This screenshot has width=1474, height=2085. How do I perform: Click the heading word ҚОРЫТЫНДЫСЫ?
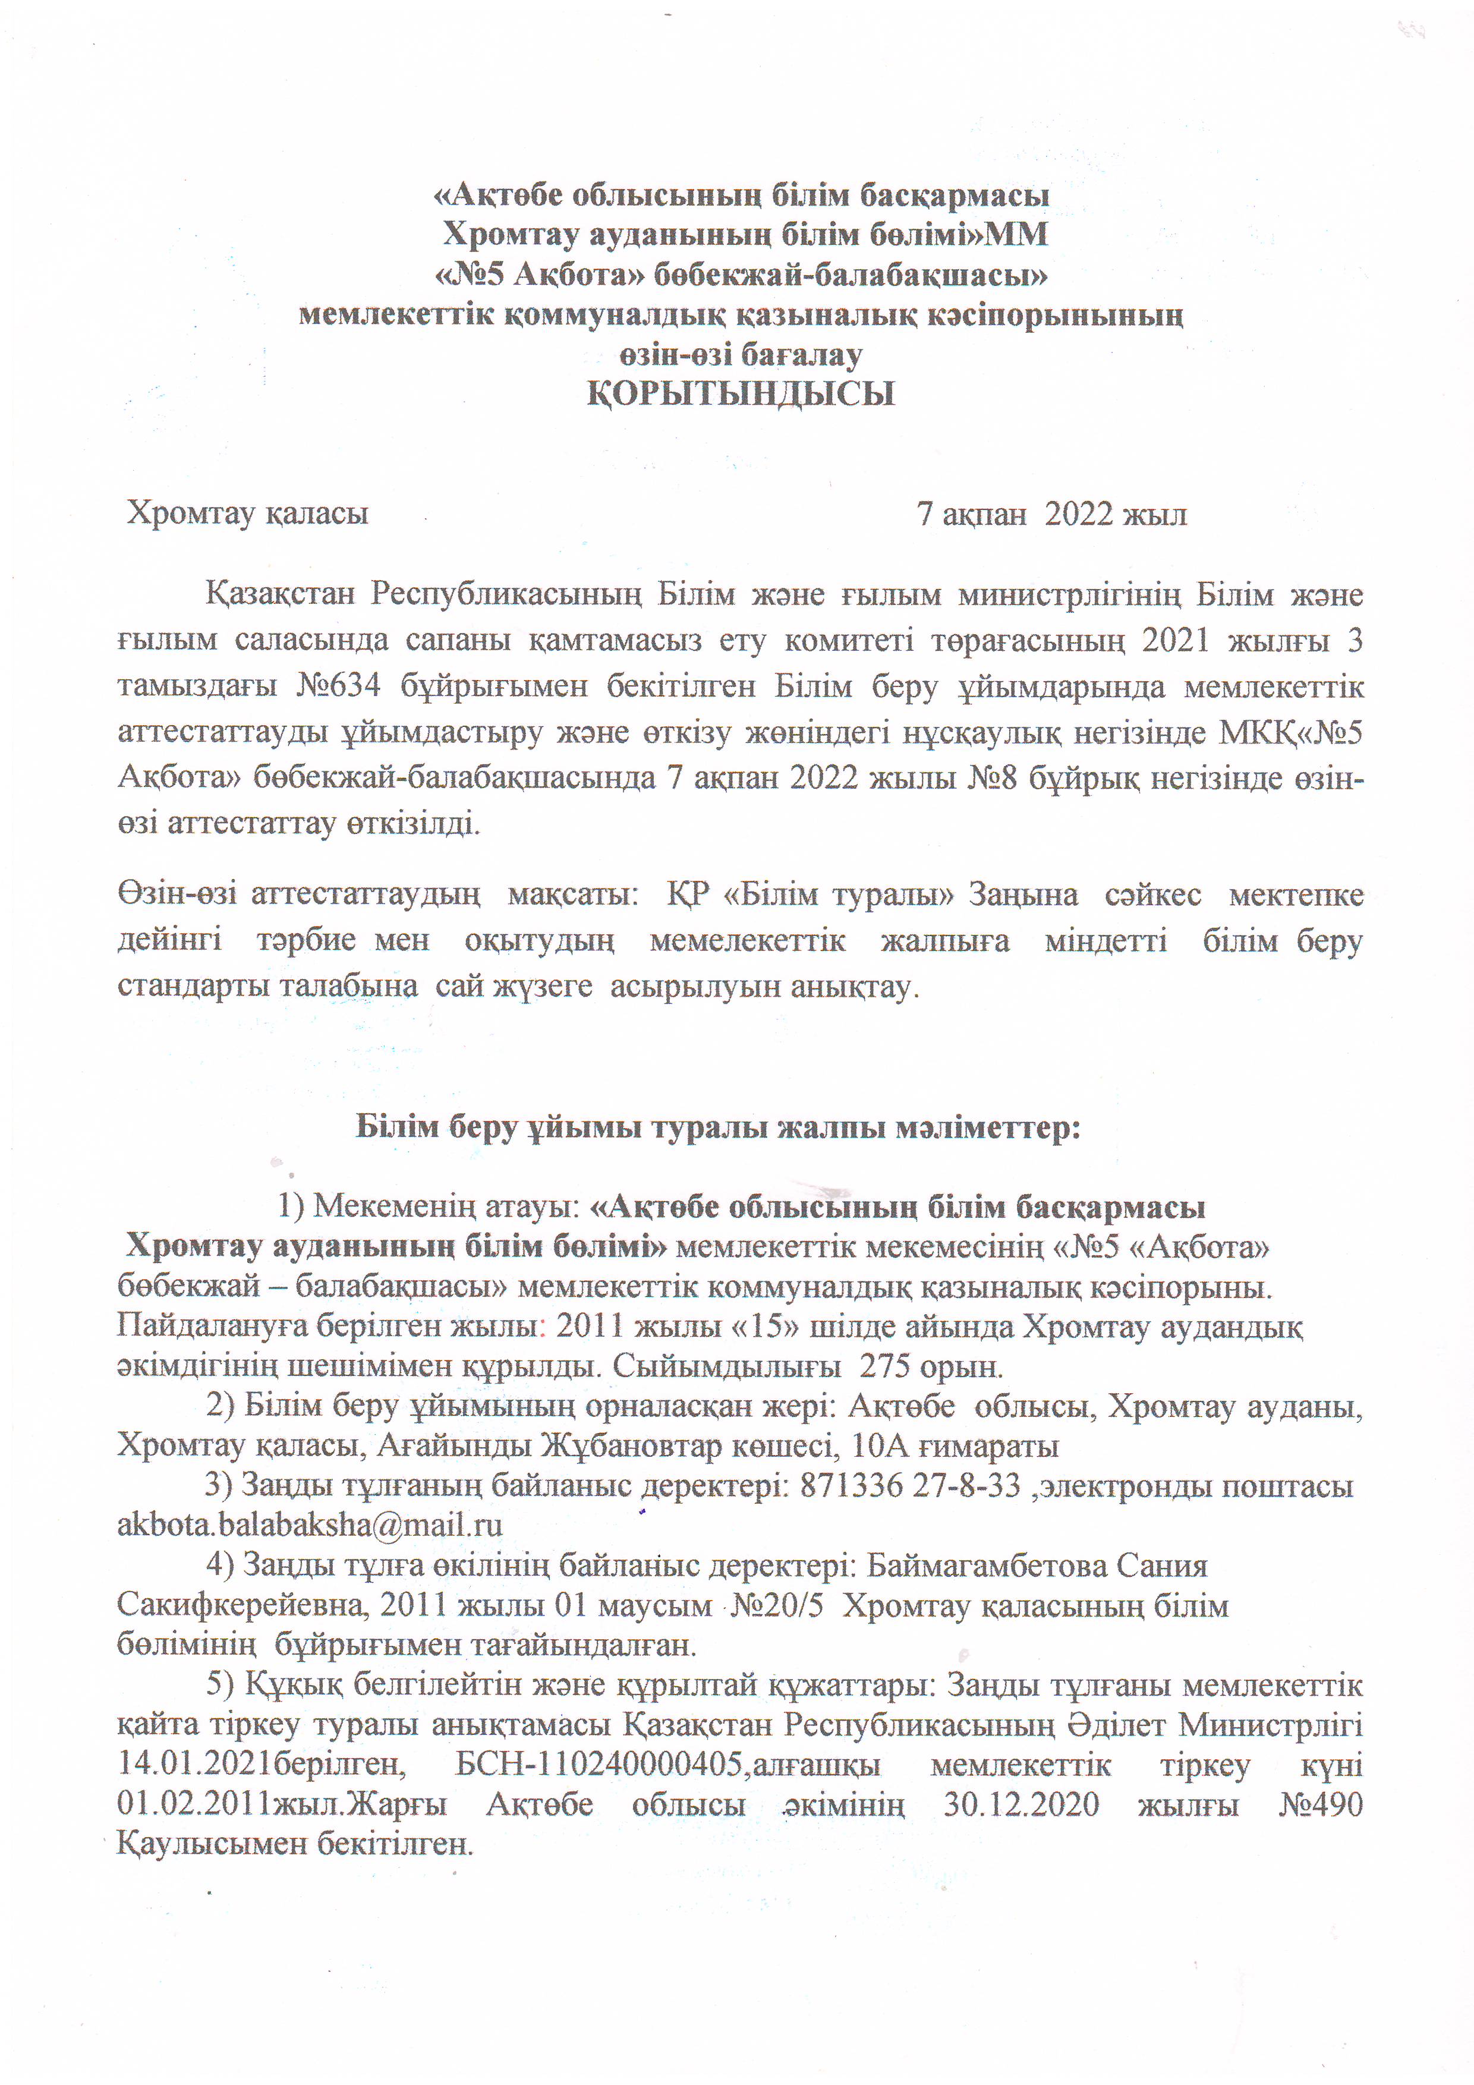740,394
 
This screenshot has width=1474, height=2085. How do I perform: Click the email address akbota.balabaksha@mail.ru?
310,1525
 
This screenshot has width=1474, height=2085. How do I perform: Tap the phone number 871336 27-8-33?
910,1486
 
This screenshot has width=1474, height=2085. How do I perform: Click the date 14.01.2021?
196,1765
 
